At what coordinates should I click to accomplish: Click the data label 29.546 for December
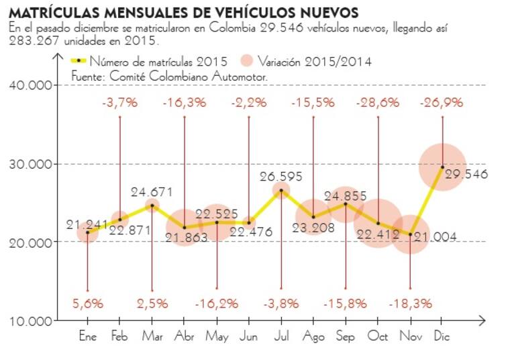coord(466,175)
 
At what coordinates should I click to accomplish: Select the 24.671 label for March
coord(152,192)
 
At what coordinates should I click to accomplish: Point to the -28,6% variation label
coord(378,103)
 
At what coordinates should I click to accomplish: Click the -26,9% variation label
coord(442,103)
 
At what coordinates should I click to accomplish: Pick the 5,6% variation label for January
coord(88,303)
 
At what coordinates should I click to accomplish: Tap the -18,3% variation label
coord(410,303)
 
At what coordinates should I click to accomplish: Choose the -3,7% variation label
coord(120,103)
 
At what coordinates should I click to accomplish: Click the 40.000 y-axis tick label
coord(31,85)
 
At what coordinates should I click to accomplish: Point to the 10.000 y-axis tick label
coord(31,320)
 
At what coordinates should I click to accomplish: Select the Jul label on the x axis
coord(281,336)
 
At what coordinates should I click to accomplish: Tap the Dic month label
coord(442,336)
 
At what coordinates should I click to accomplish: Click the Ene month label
coord(88,336)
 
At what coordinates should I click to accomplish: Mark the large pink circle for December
coord(442,167)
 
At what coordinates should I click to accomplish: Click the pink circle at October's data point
coord(378,223)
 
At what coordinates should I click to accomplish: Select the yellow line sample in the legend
coord(79,60)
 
